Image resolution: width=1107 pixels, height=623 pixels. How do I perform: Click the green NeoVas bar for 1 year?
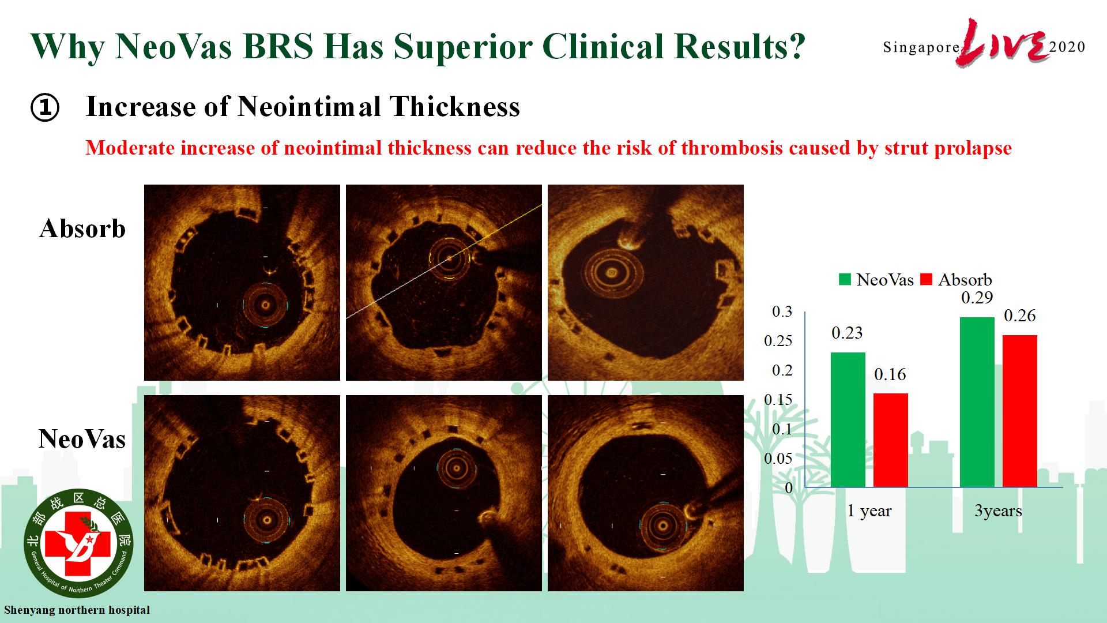click(848, 420)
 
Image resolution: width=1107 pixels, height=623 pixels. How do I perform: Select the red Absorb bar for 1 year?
click(890, 441)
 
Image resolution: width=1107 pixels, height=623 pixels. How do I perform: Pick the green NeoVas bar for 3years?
click(977, 402)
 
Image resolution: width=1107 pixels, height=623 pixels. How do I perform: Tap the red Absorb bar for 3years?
click(1019, 411)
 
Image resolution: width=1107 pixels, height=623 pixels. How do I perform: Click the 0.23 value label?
click(847, 333)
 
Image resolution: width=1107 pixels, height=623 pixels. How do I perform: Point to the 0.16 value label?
click(890, 374)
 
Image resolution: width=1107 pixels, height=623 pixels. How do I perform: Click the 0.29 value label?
click(977, 298)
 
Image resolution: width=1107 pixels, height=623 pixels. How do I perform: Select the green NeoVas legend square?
click(845, 280)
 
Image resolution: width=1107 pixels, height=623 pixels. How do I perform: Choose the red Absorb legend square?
click(927, 280)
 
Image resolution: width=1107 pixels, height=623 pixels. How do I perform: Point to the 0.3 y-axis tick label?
click(782, 311)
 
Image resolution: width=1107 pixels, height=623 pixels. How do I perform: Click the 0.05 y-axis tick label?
click(778, 459)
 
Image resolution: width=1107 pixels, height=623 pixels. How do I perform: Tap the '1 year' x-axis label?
click(869, 511)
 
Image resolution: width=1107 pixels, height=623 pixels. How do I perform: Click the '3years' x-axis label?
click(998, 511)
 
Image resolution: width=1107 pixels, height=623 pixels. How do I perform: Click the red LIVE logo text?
click(1003, 43)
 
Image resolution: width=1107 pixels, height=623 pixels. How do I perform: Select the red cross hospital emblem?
click(78, 542)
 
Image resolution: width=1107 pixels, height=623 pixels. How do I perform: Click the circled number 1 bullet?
click(45, 108)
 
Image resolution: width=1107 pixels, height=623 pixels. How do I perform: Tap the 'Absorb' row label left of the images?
click(82, 228)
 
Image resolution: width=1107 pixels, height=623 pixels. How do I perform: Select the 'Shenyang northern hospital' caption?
click(77, 610)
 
